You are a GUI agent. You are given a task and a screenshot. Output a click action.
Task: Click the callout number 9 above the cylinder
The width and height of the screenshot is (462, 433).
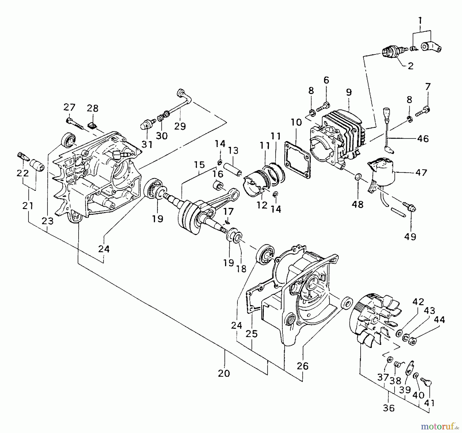pyautogui.click(x=349, y=92)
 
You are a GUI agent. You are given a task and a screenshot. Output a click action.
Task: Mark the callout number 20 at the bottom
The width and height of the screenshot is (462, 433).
pyautogui.click(x=224, y=373)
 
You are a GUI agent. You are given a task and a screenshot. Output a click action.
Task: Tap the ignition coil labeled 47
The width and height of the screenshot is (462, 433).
pyautogui.click(x=382, y=173)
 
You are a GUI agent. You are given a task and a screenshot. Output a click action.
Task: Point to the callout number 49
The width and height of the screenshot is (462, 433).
pyautogui.click(x=410, y=237)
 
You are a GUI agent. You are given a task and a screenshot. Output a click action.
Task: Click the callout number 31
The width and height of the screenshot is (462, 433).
pyautogui.click(x=147, y=144)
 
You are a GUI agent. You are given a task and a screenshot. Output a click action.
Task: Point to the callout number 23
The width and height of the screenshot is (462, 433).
pyautogui.click(x=47, y=221)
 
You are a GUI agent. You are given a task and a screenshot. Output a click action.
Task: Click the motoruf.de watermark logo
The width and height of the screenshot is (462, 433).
pyautogui.click(x=439, y=427)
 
